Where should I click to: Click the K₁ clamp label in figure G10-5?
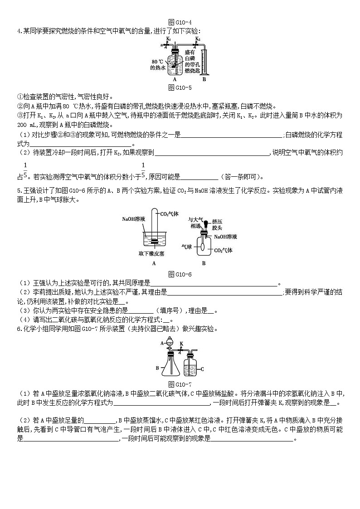[168, 39]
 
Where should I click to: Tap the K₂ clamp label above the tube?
[197, 39]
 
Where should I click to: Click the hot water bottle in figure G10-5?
[174, 63]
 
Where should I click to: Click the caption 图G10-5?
[180, 87]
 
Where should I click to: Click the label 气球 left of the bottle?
[187, 247]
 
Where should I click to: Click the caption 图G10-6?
[180, 274]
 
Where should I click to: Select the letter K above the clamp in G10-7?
[180, 344]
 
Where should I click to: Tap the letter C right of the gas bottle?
[202, 368]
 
